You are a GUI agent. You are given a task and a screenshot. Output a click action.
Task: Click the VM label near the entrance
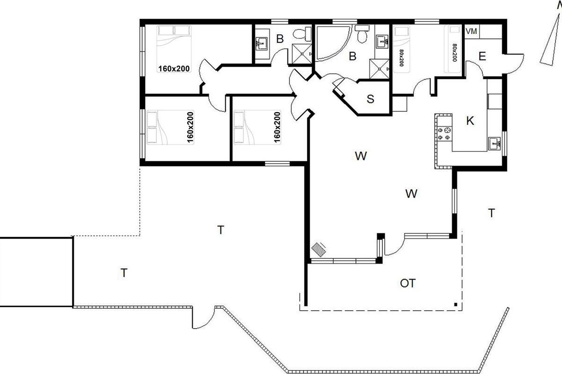(471, 31)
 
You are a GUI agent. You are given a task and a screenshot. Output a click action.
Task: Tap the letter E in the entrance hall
(482, 57)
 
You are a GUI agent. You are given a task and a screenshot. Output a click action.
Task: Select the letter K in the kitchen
(470, 121)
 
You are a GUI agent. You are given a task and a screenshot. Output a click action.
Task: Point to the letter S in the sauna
(370, 99)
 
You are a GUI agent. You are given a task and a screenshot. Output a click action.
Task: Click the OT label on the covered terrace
(408, 283)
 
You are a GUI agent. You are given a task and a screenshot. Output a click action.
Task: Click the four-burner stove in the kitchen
(444, 134)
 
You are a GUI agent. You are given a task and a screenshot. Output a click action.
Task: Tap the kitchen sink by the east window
(494, 144)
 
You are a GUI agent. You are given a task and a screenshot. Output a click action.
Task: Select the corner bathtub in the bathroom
(333, 43)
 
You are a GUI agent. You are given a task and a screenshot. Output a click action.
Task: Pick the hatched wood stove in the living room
(318, 250)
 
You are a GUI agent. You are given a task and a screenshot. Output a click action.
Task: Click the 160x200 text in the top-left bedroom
(174, 68)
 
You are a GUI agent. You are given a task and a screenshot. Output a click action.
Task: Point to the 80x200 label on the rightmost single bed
(455, 53)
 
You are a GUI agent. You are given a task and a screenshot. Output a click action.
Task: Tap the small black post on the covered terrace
(456, 305)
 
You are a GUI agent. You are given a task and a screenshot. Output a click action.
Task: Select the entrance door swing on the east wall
(514, 64)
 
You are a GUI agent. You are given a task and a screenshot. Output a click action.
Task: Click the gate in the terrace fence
(203, 317)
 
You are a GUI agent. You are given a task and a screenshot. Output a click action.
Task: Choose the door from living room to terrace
(394, 245)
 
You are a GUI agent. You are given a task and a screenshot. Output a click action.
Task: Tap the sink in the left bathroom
(261, 44)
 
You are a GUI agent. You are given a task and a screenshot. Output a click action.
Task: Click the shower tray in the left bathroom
(302, 54)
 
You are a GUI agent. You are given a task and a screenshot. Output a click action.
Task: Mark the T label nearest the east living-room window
(491, 213)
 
